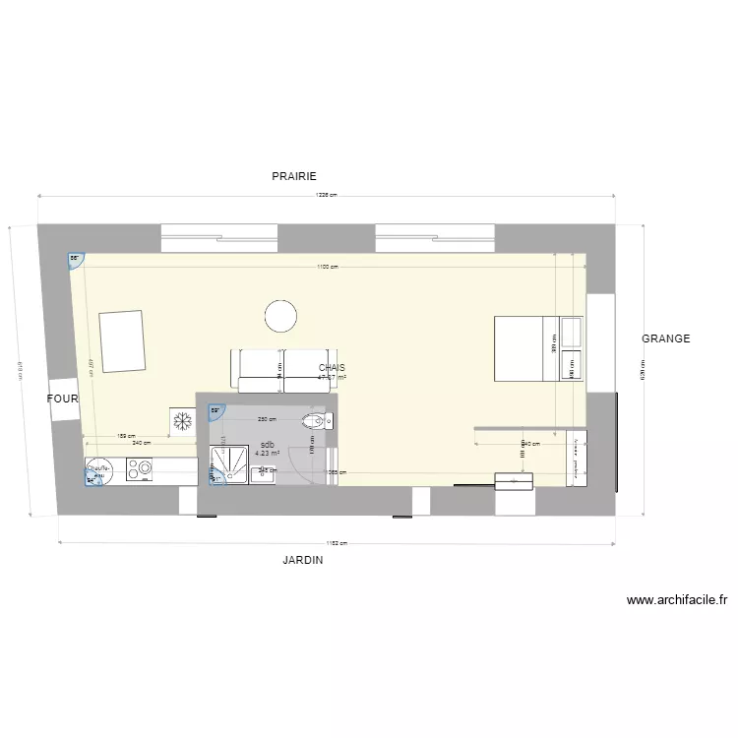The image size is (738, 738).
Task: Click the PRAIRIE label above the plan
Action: point(294,176)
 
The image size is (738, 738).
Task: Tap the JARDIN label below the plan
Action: point(303,559)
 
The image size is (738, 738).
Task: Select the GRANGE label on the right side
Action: point(666,338)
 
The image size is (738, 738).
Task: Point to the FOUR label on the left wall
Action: point(61,399)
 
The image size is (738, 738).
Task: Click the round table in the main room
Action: point(280,316)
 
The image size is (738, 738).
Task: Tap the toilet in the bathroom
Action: point(317,421)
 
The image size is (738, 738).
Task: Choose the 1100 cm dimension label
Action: point(329,267)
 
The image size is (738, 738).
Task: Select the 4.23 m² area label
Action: point(267,454)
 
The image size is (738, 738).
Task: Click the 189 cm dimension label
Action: point(126,436)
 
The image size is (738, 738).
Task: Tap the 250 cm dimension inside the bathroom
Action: point(266,420)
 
